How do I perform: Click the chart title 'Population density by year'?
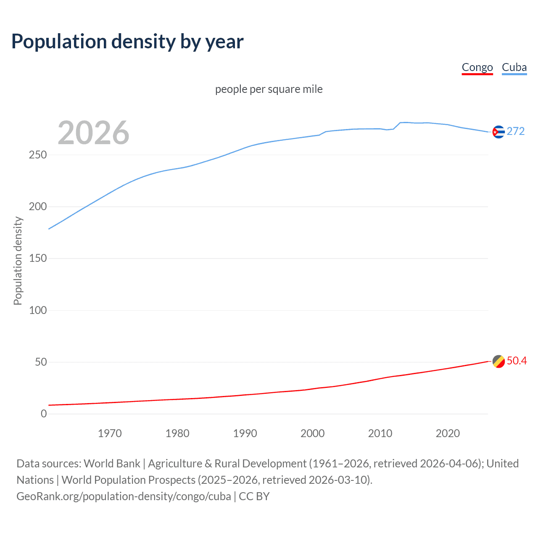click(127, 42)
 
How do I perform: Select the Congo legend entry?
click(477, 67)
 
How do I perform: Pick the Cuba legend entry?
click(514, 67)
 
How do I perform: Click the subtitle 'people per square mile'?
click(269, 89)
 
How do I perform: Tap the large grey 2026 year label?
click(93, 133)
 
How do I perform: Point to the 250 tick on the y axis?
click(38, 155)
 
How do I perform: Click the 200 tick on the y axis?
click(38, 206)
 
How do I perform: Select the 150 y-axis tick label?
click(38, 258)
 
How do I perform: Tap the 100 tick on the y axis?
click(38, 310)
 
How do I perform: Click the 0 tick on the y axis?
click(44, 414)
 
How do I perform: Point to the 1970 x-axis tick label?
click(110, 433)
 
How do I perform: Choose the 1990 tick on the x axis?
click(245, 433)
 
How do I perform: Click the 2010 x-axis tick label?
click(380, 433)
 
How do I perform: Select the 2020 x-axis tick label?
click(448, 433)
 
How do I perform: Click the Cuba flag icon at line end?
click(498, 132)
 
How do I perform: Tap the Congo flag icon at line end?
click(498, 361)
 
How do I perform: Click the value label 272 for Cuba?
click(516, 132)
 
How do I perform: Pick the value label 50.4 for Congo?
click(517, 361)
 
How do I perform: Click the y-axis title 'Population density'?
click(18, 261)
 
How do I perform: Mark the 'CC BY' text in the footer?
click(254, 496)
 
